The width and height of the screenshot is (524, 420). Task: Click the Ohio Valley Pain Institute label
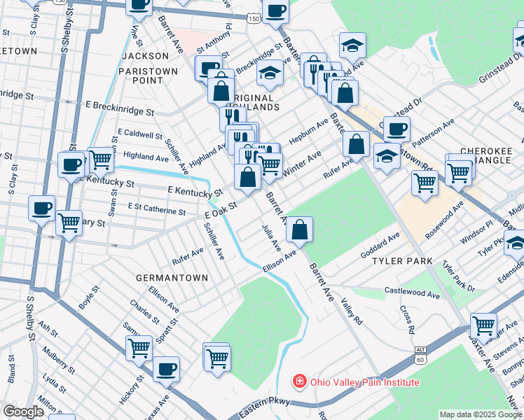click(362, 382)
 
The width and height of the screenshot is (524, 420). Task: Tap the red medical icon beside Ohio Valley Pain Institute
click(298, 382)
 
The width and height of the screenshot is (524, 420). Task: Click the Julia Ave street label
click(270, 239)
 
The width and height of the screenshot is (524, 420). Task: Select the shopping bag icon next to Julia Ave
click(299, 228)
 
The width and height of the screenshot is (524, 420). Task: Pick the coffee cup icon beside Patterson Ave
click(397, 129)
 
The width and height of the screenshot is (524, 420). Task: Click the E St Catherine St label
click(157, 209)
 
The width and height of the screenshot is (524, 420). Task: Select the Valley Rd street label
click(351, 311)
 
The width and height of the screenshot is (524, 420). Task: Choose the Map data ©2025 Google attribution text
click(480, 414)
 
